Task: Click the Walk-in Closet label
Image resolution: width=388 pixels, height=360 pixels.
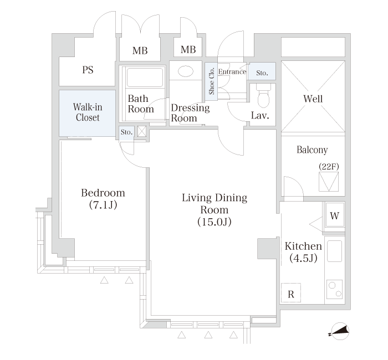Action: [88, 112]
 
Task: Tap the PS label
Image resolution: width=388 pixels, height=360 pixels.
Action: [88, 70]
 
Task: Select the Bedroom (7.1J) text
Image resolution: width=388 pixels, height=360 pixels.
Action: [103, 199]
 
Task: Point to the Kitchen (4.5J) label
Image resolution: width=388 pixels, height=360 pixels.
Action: [303, 252]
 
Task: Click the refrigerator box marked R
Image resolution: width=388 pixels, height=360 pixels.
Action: [291, 293]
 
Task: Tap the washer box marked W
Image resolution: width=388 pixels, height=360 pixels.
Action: [335, 215]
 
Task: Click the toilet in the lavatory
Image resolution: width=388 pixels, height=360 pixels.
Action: [263, 96]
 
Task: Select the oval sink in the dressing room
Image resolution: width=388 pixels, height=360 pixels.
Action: [185, 71]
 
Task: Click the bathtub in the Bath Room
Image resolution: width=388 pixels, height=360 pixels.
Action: [145, 77]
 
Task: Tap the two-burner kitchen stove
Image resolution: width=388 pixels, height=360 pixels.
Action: [335, 289]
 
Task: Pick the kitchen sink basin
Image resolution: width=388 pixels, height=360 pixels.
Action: [334, 251]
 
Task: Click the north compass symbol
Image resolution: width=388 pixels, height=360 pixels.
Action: [340, 331]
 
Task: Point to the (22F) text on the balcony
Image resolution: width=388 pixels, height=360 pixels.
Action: [329, 166]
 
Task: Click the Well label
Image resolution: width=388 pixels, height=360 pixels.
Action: [313, 99]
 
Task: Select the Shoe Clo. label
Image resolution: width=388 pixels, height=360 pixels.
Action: [211, 81]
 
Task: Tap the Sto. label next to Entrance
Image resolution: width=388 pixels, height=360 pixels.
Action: [262, 73]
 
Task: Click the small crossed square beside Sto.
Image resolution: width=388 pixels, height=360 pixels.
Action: [142, 131]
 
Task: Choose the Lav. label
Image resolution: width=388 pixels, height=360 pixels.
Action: [260, 115]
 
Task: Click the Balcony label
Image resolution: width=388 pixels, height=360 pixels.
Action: [312, 150]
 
